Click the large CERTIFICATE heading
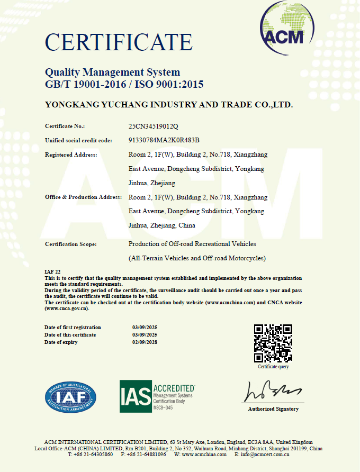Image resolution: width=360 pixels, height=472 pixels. pyautogui.click(x=119, y=42)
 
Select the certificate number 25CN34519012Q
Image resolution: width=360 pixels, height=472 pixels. pyautogui.click(x=154, y=126)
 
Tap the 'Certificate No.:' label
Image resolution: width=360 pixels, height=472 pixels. pyautogui.click(x=65, y=126)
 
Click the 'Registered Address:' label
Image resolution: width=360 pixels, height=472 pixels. pyautogui.click(x=71, y=155)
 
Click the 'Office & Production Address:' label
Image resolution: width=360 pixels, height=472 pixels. pyautogui.click(x=84, y=197)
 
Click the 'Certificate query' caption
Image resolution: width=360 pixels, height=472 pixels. pyautogui.click(x=273, y=367)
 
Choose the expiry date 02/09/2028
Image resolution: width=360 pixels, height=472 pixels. pyautogui.click(x=145, y=342)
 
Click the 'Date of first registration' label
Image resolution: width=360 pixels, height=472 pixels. pyautogui.click(x=73, y=328)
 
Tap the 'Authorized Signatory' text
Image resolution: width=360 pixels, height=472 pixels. pyautogui.click(x=273, y=409)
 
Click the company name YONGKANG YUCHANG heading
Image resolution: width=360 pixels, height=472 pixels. pyautogui.click(x=169, y=105)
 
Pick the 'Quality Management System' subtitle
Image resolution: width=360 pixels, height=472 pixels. pyautogui.click(x=112, y=72)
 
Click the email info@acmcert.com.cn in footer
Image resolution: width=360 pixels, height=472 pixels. pyautogui.click(x=265, y=455)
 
